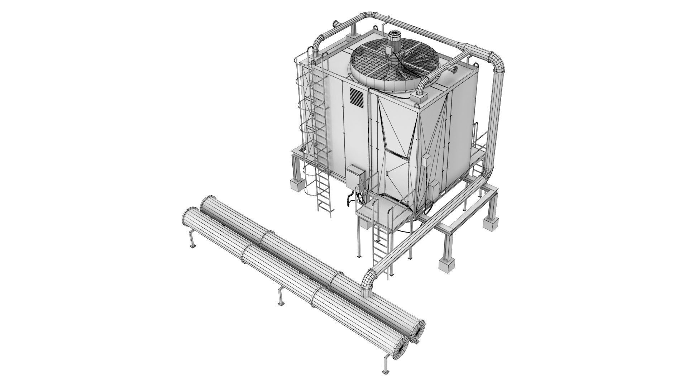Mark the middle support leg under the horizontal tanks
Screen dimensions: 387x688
pos(281,297)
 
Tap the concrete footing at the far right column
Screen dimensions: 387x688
pos(490,223)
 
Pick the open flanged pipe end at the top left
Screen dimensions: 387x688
pos(335,24)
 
